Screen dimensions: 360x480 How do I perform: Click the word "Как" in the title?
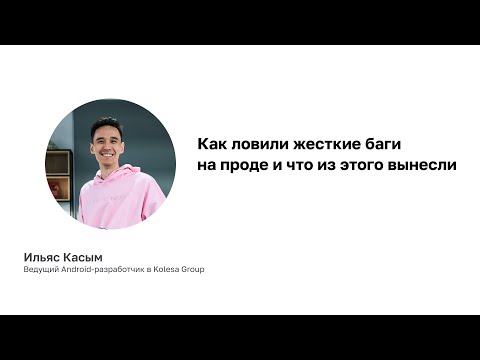[209, 143]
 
